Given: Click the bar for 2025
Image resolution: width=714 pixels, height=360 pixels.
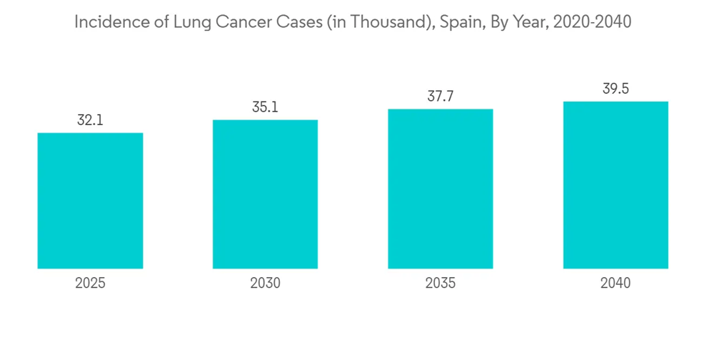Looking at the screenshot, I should pyautogui.click(x=90, y=201).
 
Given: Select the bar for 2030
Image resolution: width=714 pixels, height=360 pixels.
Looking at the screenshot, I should pyautogui.click(x=265, y=194).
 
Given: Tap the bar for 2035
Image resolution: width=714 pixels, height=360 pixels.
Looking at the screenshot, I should pyautogui.click(x=441, y=189).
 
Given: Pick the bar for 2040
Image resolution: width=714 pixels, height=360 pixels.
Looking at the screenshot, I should pyautogui.click(x=615, y=185).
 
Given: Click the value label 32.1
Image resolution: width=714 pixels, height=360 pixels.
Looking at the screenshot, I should pyautogui.click(x=90, y=120).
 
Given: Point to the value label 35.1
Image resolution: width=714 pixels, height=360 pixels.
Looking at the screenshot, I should pyautogui.click(x=265, y=107).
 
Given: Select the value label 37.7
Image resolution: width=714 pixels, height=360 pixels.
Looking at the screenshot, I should pyautogui.click(x=441, y=96).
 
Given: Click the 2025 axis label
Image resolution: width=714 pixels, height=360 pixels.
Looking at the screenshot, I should pyautogui.click(x=90, y=283).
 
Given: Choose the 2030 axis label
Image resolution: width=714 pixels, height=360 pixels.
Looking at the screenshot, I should pyautogui.click(x=265, y=283).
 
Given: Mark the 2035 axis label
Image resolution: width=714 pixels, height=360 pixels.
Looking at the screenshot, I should pyautogui.click(x=441, y=283).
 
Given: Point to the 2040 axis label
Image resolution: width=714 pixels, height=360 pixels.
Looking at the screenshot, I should pyautogui.click(x=615, y=283).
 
